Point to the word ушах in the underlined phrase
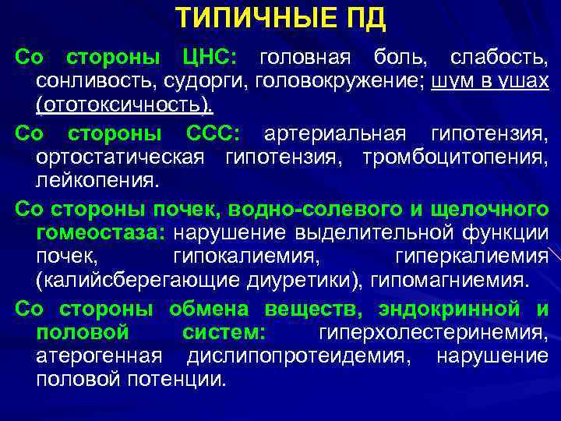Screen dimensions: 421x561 527,80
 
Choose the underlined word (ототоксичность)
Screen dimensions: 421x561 124,103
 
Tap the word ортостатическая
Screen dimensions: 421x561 120,157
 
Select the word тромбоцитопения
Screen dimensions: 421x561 455,157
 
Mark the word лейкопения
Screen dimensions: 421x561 97,181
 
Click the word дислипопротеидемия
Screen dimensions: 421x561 298,356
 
